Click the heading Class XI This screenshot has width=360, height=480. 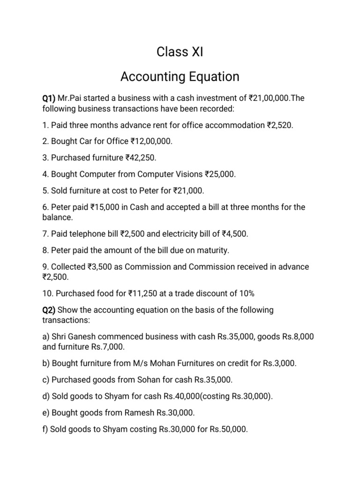tap(180, 52)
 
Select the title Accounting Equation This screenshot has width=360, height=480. tap(180, 76)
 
